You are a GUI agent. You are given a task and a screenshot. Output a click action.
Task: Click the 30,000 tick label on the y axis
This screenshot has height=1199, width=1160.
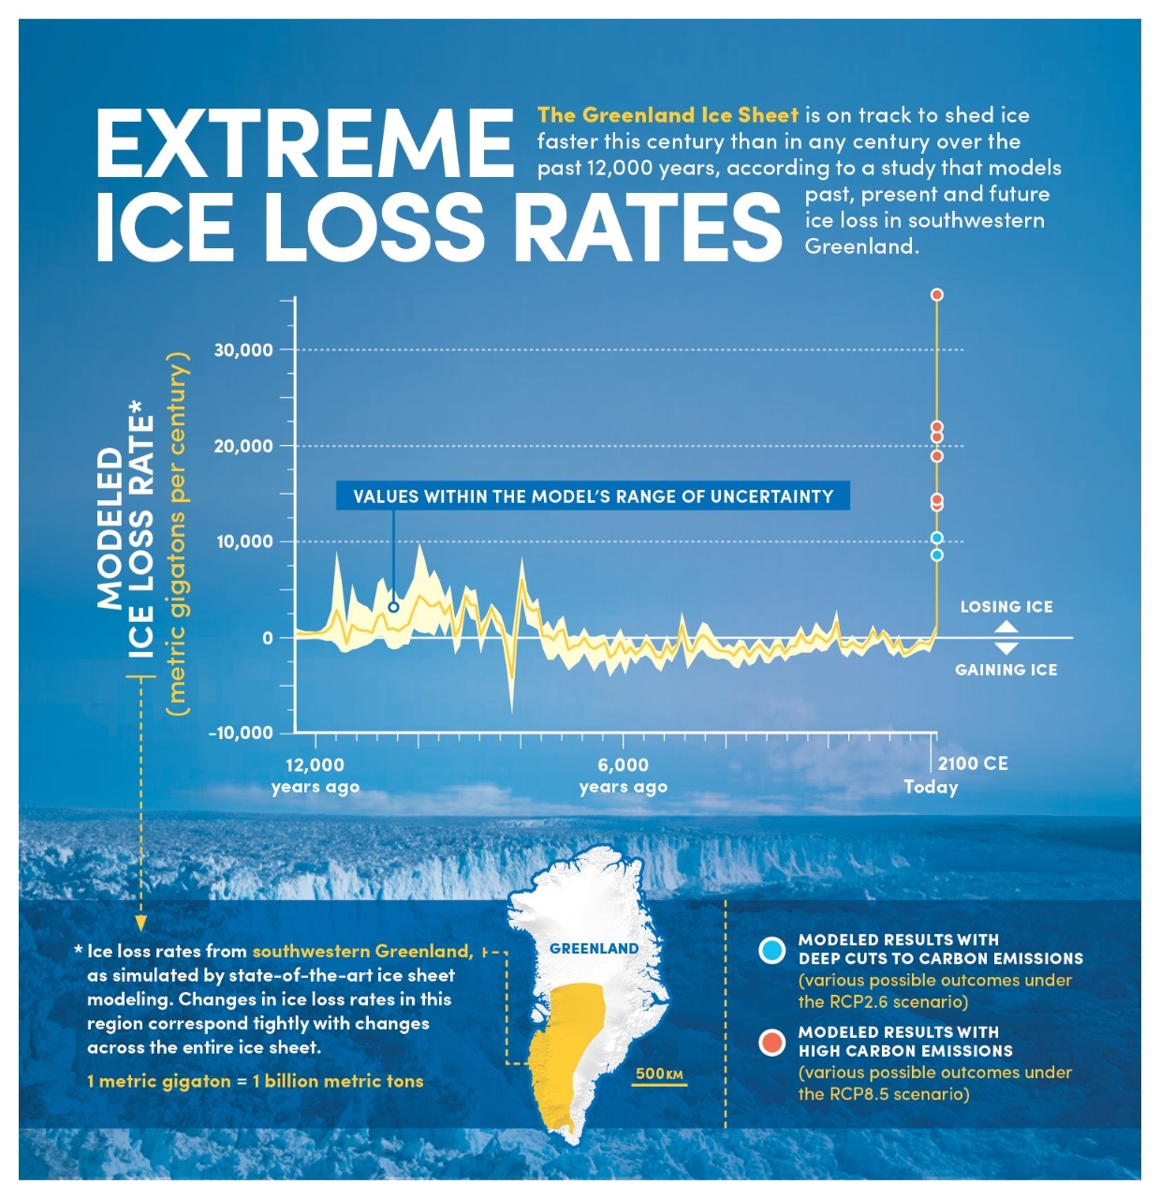pos(243,350)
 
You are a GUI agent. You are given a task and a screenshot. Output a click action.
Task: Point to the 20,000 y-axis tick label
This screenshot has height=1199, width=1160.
pos(243,446)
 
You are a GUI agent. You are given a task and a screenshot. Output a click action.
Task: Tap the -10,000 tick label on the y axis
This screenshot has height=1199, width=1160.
pos(241,733)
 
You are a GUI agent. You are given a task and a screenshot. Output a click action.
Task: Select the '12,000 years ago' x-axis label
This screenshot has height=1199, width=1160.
pos(316,776)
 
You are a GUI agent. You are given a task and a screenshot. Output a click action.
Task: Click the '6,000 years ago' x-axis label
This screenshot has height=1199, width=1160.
pos(624,776)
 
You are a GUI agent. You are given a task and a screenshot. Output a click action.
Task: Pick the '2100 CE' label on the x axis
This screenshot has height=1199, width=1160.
pos(973,763)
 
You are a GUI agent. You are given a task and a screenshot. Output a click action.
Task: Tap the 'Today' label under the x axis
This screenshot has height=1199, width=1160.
pos(931,787)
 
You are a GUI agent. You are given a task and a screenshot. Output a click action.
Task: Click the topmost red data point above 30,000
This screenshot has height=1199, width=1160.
pos(936,295)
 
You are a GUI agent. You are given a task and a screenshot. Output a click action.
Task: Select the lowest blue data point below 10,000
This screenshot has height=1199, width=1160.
pos(936,555)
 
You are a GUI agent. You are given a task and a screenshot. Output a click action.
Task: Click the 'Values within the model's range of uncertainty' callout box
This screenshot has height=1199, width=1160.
pos(593,496)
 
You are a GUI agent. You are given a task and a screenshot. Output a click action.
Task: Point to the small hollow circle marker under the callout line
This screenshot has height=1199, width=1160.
pos(393,607)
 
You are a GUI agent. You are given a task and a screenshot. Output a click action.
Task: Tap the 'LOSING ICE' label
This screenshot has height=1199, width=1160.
pos(1006,607)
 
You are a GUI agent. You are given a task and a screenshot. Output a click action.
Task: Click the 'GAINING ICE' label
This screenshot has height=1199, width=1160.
pos(1006,670)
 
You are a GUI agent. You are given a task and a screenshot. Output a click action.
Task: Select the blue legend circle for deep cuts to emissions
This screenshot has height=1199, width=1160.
pos(771,951)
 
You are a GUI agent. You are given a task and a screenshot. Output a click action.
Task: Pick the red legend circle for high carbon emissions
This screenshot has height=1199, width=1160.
pos(771,1043)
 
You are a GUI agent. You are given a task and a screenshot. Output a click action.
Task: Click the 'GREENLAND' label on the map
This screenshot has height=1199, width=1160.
pos(594,949)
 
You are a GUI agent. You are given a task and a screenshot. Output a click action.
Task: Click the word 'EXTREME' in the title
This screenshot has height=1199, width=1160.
pos(304,143)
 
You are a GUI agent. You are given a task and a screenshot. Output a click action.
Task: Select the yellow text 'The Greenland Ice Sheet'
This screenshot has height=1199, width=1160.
pos(668,115)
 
